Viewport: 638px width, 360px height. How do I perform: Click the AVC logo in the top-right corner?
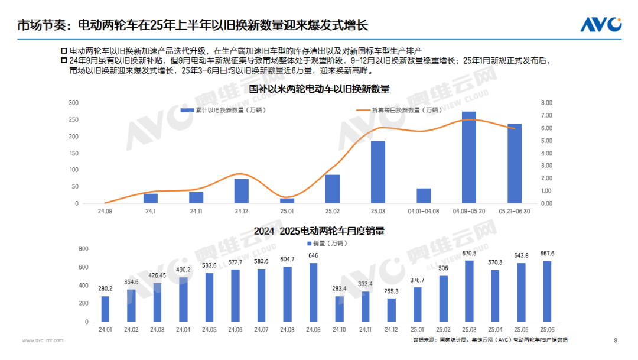[x=600, y=24]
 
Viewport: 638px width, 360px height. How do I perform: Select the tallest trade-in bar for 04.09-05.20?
[x=468, y=158]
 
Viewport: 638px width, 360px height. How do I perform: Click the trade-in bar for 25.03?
[x=378, y=172]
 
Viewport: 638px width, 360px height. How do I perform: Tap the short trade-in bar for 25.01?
[x=287, y=200]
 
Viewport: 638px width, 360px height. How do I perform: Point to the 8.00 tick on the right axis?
[x=546, y=103]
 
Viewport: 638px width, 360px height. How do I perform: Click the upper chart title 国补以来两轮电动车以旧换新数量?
[x=319, y=89]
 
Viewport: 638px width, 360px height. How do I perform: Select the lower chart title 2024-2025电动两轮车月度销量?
[x=319, y=231]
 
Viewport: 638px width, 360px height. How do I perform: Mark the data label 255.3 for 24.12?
[x=391, y=291]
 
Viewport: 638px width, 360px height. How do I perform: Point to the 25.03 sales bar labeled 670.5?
[x=470, y=291]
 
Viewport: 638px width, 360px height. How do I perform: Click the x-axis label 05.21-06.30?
[x=515, y=211]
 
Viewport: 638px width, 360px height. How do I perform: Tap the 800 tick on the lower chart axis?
[x=83, y=249]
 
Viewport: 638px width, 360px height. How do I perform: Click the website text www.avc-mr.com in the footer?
[x=43, y=340]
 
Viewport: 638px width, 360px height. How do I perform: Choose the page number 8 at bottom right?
[x=616, y=340]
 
